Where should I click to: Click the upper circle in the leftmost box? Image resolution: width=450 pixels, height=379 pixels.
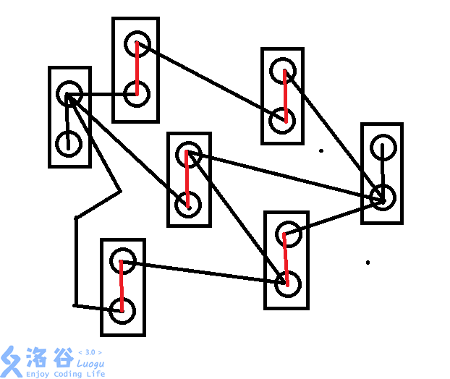click(69, 93)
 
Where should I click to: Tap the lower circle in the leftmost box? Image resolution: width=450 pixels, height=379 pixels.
click(69, 142)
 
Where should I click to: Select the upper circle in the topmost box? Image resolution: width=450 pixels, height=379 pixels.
click(137, 43)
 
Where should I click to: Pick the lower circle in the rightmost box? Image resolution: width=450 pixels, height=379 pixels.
click(381, 197)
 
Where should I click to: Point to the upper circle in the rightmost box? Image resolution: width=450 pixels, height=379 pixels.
click(382, 148)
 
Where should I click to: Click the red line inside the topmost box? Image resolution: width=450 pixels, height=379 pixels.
click(137, 69)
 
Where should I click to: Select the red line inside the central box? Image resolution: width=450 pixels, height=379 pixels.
click(187, 179)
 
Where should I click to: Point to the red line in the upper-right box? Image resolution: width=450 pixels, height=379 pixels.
click(284, 96)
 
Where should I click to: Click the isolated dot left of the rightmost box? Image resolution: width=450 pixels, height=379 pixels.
click(321, 151)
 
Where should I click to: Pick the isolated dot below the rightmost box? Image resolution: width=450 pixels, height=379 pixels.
click(368, 263)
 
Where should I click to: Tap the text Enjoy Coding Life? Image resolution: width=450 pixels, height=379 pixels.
click(65, 374)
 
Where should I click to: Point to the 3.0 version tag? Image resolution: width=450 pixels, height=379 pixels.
click(90, 352)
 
